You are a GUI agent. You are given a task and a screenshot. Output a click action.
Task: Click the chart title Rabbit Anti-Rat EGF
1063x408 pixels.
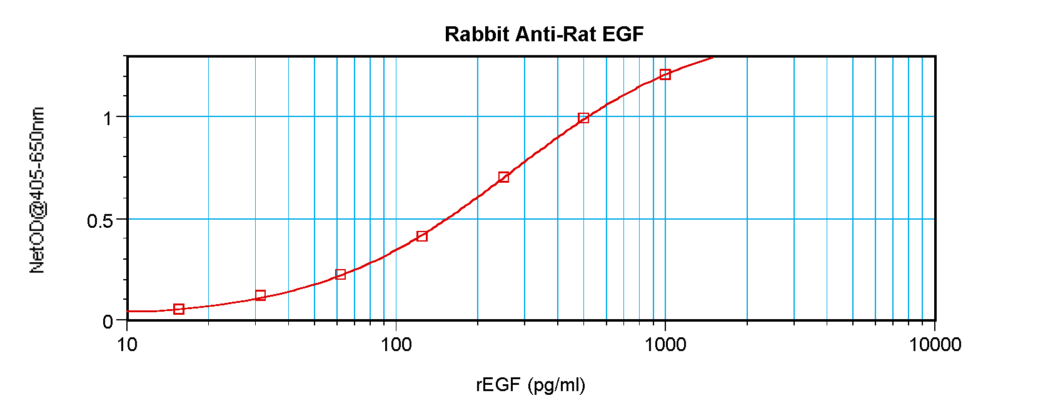[x=544, y=34]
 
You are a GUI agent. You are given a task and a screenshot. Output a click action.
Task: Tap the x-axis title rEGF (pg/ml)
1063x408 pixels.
[x=530, y=384]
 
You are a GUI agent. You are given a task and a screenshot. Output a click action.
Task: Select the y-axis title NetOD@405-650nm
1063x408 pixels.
[x=37, y=190]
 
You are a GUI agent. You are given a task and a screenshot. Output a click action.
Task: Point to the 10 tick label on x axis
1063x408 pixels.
[x=127, y=344]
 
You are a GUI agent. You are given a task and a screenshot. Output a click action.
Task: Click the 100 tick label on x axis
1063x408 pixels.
[x=396, y=344]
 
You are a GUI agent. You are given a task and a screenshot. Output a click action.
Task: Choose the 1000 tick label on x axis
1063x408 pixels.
[x=665, y=344]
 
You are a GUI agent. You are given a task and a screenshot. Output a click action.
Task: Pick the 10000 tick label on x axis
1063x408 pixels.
[x=935, y=344]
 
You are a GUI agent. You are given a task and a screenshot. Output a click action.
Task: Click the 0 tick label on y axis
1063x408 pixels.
[x=108, y=322]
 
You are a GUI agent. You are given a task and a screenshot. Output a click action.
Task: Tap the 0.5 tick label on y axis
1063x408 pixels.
[x=100, y=220]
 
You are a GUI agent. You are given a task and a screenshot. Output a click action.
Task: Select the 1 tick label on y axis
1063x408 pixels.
[x=108, y=118]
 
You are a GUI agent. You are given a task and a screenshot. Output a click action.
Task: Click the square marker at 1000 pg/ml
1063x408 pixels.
[x=665, y=74]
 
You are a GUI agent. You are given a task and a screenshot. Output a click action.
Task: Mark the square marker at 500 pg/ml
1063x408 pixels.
[x=583, y=118]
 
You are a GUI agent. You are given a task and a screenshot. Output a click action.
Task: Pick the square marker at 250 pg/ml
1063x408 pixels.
[x=503, y=178]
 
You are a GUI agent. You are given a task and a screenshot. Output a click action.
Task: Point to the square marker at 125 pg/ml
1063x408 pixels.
[x=422, y=237]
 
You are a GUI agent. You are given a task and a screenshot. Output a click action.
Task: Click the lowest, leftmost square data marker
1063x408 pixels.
[x=179, y=309]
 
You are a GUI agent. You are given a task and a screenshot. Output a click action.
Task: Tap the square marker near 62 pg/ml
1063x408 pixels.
[x=341, y=275]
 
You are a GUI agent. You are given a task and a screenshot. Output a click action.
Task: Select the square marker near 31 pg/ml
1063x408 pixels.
[x=261, y=295]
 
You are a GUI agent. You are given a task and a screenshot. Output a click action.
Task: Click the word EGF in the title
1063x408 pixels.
[x=623, y=34]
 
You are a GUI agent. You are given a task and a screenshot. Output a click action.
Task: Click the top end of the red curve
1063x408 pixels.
[x=712, y=58]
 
